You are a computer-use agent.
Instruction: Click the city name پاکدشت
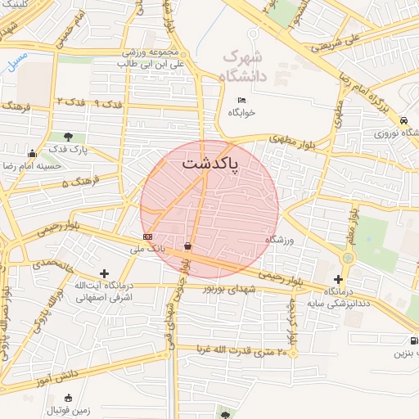209,164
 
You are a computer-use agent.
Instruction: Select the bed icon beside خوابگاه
240,100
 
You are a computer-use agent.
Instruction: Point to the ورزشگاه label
279,240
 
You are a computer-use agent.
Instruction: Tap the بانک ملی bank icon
146,238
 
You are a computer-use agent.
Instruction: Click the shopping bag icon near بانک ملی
189,246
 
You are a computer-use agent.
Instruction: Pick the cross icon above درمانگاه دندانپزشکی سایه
339,279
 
